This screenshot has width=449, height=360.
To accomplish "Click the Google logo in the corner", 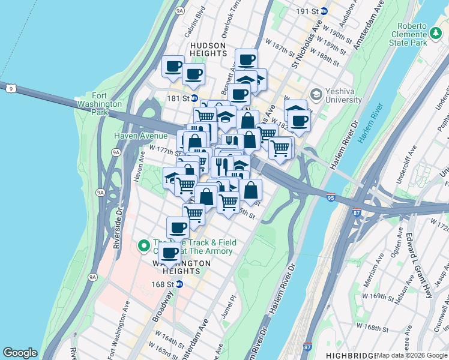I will pyautogui.click(x=20, y=353).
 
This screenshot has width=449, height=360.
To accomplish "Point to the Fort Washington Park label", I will pyautogui.click(x=100, y=104).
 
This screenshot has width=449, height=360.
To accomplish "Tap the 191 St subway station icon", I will pyautogui.click(x=324, y=11).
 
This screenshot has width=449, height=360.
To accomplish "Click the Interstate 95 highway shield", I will pyautogui.click(x=348, y=196).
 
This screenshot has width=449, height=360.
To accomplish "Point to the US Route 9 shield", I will pyautogui.click(x=10, y=88).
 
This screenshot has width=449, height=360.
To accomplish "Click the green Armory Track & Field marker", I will pyautogui.click(x=143, y=245).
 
